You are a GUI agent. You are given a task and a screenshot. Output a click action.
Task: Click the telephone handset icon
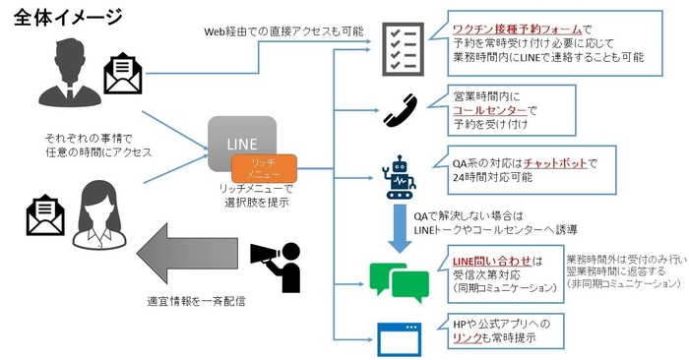click(x=400, y=111)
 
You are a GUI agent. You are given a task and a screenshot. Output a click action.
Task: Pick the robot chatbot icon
click(x=401, y=176)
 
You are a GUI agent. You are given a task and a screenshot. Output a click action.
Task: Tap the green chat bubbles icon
click(x=398, y=280)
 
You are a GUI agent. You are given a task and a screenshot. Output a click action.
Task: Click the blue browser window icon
click(x=400, y=336)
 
